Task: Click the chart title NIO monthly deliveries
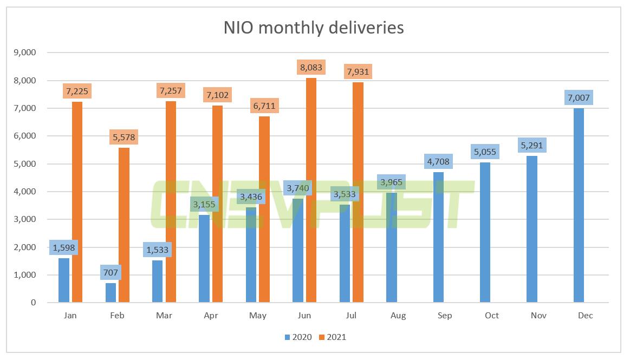point(314,28)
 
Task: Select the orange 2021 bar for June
point(311,189)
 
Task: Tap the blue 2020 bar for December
point(579,205)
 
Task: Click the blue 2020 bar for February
point(111,292)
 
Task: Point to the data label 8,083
point(311,68)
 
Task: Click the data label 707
point(111,272)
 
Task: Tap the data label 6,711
point(264,105)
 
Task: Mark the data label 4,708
point(438,162)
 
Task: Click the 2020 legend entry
point(298,337)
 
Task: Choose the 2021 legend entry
point(332,337)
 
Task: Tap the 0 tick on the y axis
point(33,303)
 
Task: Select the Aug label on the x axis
point(398,316)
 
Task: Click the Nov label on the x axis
point(538,316)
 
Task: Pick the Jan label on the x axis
point(70,316)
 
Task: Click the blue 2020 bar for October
point(485,232)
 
